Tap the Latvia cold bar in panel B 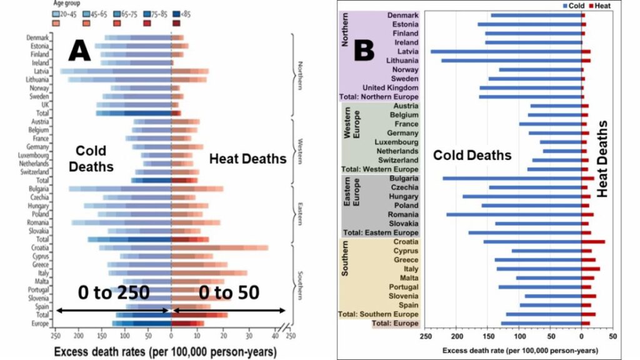506,51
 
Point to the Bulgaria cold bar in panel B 512,178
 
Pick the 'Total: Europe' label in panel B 396,323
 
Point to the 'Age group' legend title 65,4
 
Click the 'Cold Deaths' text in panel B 472,156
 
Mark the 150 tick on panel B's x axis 488,336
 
